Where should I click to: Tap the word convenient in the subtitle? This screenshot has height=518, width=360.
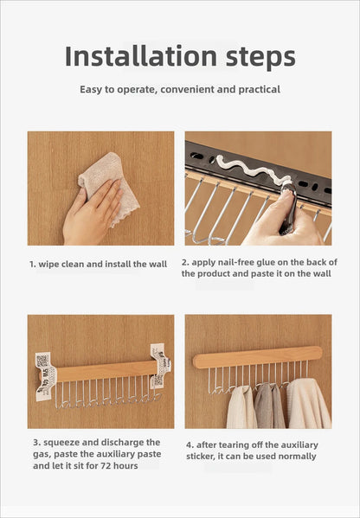[x=186, y=89]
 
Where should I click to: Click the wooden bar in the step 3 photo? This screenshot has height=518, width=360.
[x=104, y=371]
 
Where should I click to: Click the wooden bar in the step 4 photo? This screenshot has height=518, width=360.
[x=257, y=356]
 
